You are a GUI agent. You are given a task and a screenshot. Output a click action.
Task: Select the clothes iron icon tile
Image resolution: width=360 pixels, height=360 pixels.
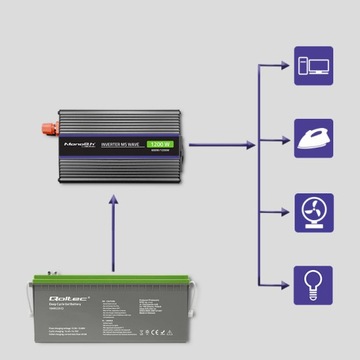click(x=312, y=138)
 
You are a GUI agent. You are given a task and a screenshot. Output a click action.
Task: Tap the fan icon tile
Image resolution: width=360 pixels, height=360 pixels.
click(x=312, y=212)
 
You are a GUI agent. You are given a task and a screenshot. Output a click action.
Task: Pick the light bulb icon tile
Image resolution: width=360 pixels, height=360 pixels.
click(x=312, y=285)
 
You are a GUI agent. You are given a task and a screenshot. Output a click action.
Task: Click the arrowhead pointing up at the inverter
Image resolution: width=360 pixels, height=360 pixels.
click(x=115, y=198)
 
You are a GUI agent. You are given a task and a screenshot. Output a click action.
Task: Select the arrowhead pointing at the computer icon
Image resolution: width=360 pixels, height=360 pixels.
click(x=285, y=65)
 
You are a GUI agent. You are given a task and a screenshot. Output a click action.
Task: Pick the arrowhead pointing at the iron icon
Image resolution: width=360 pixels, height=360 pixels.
click(x=285, y=139)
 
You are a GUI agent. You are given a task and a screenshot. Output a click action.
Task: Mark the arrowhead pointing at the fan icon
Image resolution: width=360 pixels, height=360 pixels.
click(x=285, y=212)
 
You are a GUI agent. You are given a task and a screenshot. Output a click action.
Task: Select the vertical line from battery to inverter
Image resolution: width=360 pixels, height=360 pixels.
click(x=115, y=240)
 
